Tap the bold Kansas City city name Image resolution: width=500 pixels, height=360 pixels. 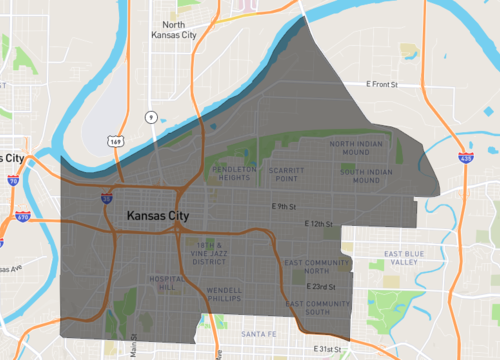click(x=158, y=215)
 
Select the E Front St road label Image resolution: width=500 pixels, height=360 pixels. click(x=382, y=85)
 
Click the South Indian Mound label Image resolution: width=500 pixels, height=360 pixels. click(x=364, y=177)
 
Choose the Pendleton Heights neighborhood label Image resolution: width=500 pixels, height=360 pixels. click(x=234, y=175)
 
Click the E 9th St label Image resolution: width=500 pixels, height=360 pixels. click(x=286, y=207)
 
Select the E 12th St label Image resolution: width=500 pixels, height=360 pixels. click(x=318, y=224)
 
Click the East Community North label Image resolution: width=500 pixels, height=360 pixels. click(x=314, y=267)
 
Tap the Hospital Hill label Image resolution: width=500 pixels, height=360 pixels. click(x=162, y=283)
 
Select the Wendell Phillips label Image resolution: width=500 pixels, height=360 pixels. click(x=224, y=295)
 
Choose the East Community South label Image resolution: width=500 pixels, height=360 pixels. click(x=318, y=307)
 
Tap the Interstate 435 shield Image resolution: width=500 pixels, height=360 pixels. click(x=463, y=158)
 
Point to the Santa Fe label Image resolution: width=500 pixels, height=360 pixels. click(x=257, y=333)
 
